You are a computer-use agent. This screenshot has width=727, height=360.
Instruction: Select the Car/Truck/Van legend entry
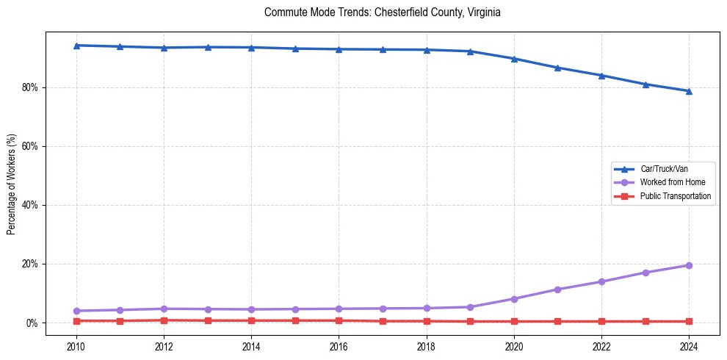tap(663, 169)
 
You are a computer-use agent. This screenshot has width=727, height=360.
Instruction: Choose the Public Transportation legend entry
tap(675, 196)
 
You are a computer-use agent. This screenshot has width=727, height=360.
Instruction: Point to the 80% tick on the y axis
tap(30, 87)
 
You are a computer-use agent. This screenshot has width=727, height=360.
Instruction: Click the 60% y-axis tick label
tap(30, 146)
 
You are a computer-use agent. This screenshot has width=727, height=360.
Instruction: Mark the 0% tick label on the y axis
tap(32, 323)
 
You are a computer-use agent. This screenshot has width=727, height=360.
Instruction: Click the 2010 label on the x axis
tap(76, 345)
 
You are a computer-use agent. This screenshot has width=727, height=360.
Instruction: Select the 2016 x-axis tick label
tap(339, 345)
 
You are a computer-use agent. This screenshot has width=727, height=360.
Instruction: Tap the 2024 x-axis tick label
tap(689, 345)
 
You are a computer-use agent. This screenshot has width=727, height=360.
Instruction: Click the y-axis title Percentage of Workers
tap(12, 183)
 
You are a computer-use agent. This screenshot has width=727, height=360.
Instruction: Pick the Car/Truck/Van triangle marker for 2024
tap(689, 91)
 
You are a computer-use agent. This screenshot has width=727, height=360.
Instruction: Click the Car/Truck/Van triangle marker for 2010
tap(76, 46)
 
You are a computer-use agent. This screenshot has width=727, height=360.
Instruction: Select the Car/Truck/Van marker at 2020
tap(514, 59)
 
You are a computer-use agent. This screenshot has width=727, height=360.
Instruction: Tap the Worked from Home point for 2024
tap(689, 265)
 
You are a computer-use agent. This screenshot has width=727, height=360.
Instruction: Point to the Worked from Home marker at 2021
tap(557, 289)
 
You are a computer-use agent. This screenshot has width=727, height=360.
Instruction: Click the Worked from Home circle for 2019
tap(470, 307)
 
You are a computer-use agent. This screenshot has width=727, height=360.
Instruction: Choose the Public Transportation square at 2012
tap(164, 320)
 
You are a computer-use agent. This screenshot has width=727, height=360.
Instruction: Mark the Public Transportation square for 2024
tap(689, 321)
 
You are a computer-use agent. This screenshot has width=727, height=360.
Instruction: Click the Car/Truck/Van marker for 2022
tap(601, 76)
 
